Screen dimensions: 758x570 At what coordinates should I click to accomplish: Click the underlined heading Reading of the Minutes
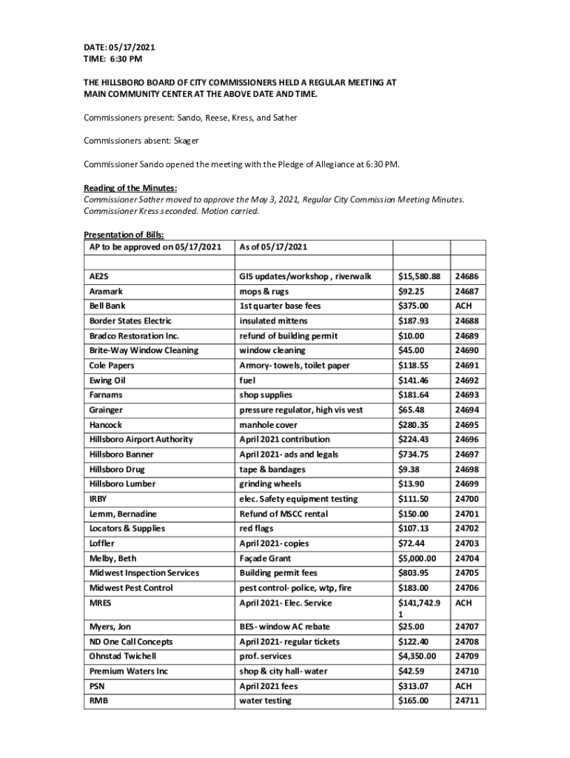(x=130, y=188)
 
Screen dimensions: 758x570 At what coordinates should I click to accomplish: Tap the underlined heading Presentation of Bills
(x=119, y=235)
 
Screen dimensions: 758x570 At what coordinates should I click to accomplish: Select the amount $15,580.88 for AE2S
(x=419, y=276)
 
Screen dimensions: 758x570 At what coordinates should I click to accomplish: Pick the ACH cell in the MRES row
(x=463, y=603)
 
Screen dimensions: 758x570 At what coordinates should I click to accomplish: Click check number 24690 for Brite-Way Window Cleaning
(x=467, y=350)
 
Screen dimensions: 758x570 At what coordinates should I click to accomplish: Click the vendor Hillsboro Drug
(x=117, y=469)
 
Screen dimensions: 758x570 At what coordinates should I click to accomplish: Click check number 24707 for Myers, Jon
(x=467, y=627)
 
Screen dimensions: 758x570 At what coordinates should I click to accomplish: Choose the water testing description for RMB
(x=265, y=701)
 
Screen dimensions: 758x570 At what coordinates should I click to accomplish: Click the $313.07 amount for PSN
(x=414, y=686)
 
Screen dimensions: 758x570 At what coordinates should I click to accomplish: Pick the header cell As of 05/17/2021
(x=273, y=246)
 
